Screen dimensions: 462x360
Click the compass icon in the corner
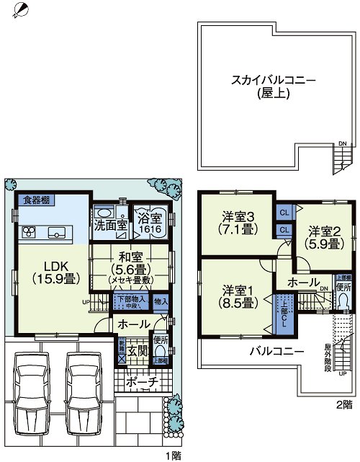[21, 10]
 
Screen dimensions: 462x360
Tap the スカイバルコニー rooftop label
[264, 86]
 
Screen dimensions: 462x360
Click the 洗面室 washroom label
[111, 225]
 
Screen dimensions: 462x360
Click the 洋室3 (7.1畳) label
[237, 223]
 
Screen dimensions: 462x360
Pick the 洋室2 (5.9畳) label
[325, 237]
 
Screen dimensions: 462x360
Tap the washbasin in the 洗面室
[103, 213]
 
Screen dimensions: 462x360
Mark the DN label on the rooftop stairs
[342, 142]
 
